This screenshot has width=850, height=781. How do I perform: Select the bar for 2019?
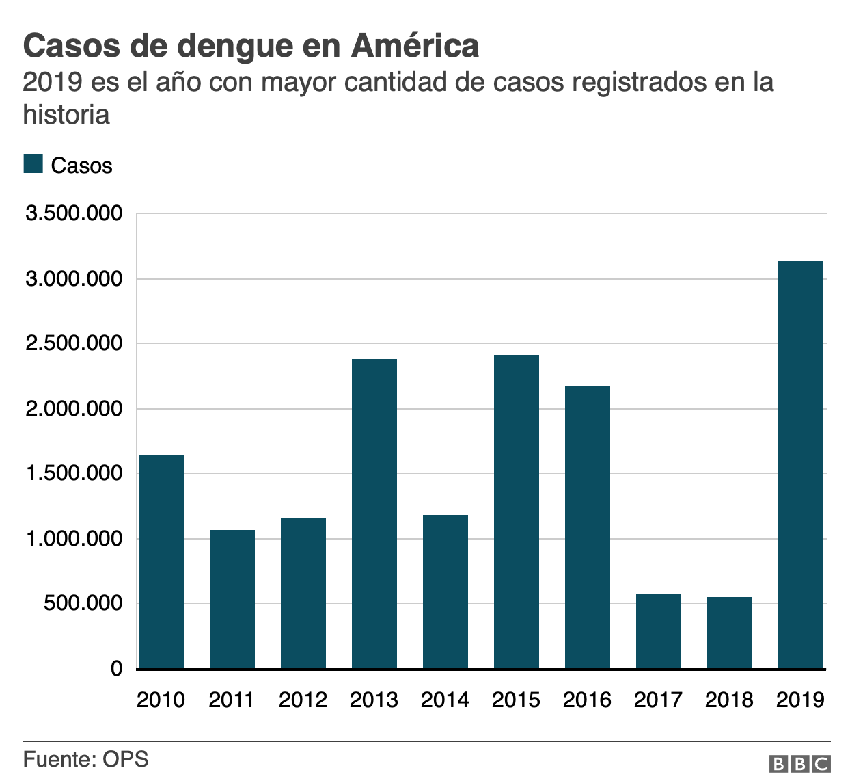(801, 464)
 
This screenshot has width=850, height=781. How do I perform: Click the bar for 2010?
(161, 561)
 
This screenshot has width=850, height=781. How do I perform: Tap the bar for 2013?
(374, 514)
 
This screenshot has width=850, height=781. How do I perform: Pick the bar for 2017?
(659, 631)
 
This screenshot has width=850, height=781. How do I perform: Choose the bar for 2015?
(517, 512)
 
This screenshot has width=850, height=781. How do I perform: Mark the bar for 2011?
(232, 599)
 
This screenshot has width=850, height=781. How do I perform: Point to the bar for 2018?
(730, 633)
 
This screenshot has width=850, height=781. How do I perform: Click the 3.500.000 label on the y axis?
(74, 214)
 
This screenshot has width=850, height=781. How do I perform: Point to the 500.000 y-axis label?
(84, 604)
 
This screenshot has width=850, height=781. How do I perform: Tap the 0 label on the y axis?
(117, 669)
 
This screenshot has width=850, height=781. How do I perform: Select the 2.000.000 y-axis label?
(74, 409)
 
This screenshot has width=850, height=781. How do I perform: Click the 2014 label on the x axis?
(445, 700)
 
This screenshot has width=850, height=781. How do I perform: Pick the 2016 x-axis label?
(587, 700)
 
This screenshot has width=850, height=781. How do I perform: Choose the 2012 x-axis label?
(303, 700)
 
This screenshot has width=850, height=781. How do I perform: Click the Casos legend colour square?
(33, 164)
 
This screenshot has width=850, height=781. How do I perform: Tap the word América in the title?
(415, 47)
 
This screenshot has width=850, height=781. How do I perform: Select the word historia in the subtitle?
(66, 114)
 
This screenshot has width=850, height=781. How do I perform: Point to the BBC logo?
(799, 764)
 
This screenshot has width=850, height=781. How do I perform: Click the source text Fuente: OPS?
(85, 759)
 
